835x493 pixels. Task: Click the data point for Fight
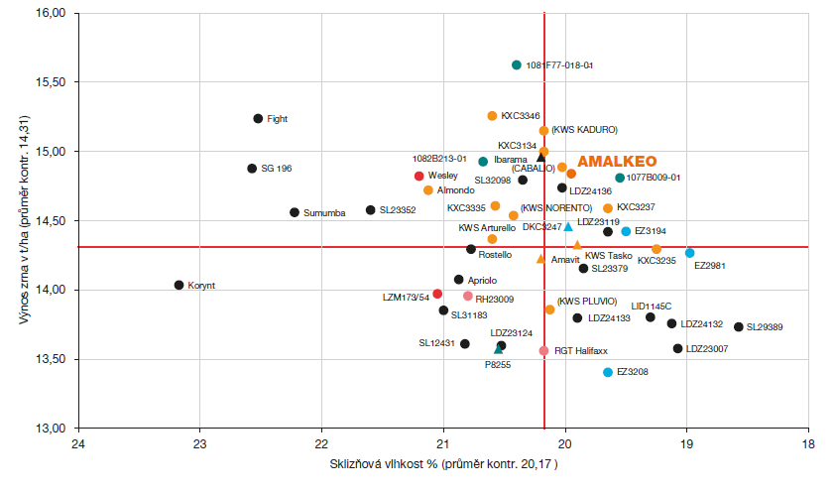coord(258,119)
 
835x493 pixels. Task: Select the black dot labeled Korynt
coord(179,286)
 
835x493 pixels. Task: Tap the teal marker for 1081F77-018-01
coord(517,65)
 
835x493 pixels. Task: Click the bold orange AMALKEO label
coord(617,161)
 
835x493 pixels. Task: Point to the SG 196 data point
coord(252,169)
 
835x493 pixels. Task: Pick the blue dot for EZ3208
coord(608,372)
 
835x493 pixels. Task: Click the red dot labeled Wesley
coord(418,176)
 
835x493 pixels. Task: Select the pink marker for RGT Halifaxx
coord(543,351)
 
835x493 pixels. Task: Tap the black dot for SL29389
coord(738,327)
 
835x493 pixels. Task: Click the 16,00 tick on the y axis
coord(51,14)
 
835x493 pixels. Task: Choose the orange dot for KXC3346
coord(492,116)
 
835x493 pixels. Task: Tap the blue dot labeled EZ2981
coord(690,253)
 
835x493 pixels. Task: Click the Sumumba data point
coord(295,212)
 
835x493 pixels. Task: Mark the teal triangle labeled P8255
coord(498,349)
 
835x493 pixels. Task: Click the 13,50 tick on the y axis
coord(51,359)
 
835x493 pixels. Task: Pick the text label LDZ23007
coord(707,349)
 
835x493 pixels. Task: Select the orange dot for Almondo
coord(427,190)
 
